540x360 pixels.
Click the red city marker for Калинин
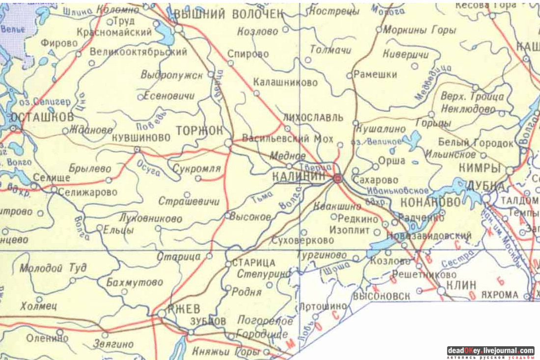tap(337, 179)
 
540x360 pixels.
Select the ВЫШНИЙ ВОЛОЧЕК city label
tap(229, 15)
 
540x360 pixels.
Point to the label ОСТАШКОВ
tap(42, 117)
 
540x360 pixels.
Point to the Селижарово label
tap(87, 193)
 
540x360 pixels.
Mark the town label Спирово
tap(248, 54)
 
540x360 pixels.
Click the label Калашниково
tap(285, 83)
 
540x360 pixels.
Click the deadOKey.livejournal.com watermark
tap(490, 351)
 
